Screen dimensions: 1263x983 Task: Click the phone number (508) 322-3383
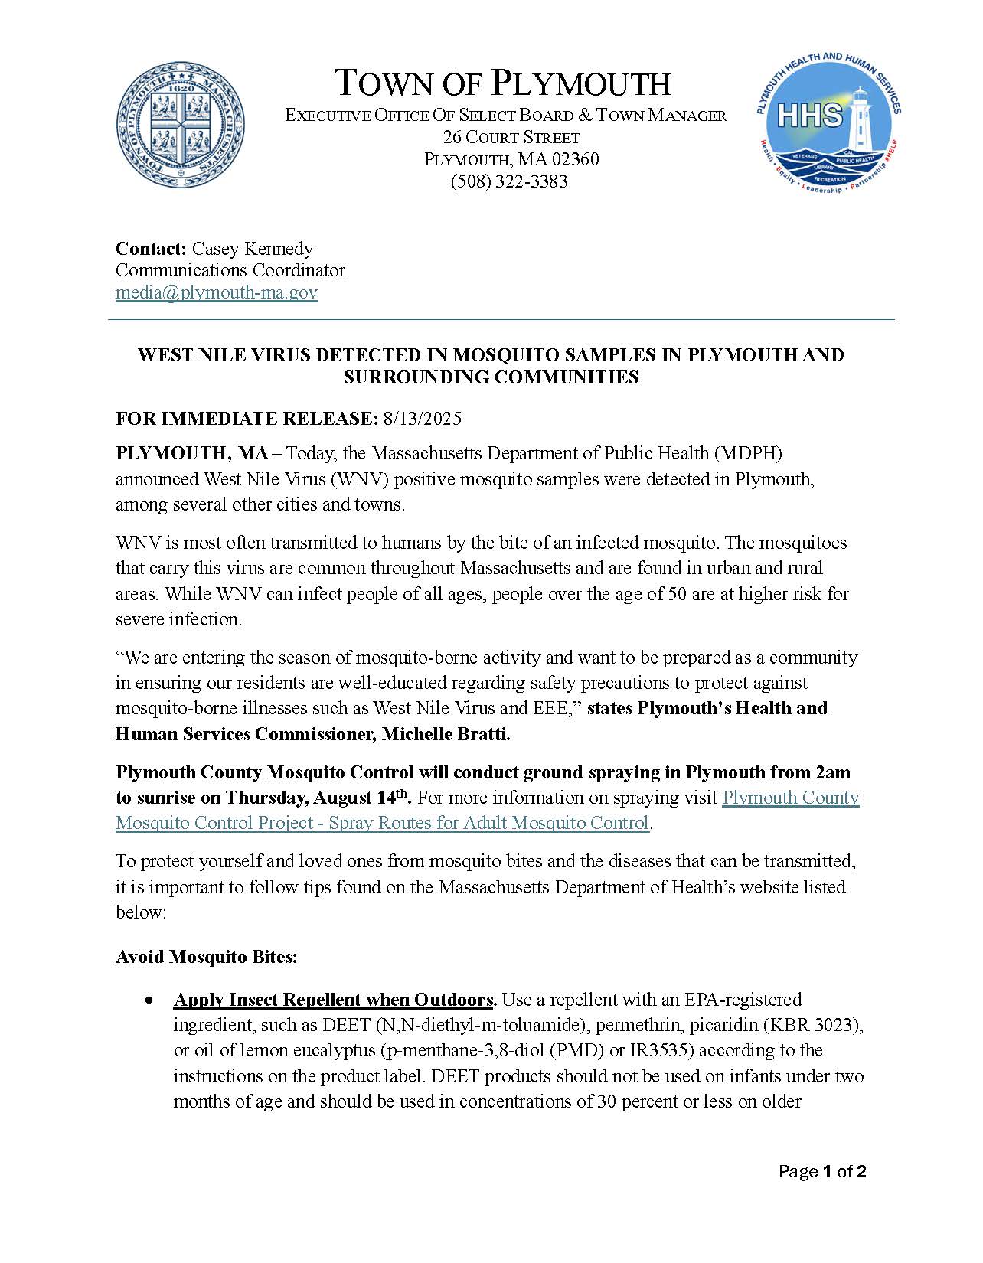pos(509,181)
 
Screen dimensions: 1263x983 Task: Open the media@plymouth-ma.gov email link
pos(217,292)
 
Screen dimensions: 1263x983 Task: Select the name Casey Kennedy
pos(253,249)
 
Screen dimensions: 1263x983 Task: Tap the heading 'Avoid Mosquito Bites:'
pos(206,957)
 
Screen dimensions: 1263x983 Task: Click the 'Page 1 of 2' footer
pos(822,1171)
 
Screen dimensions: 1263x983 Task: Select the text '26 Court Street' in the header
pos(511,138)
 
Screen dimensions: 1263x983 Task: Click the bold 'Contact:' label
pos(151,249)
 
